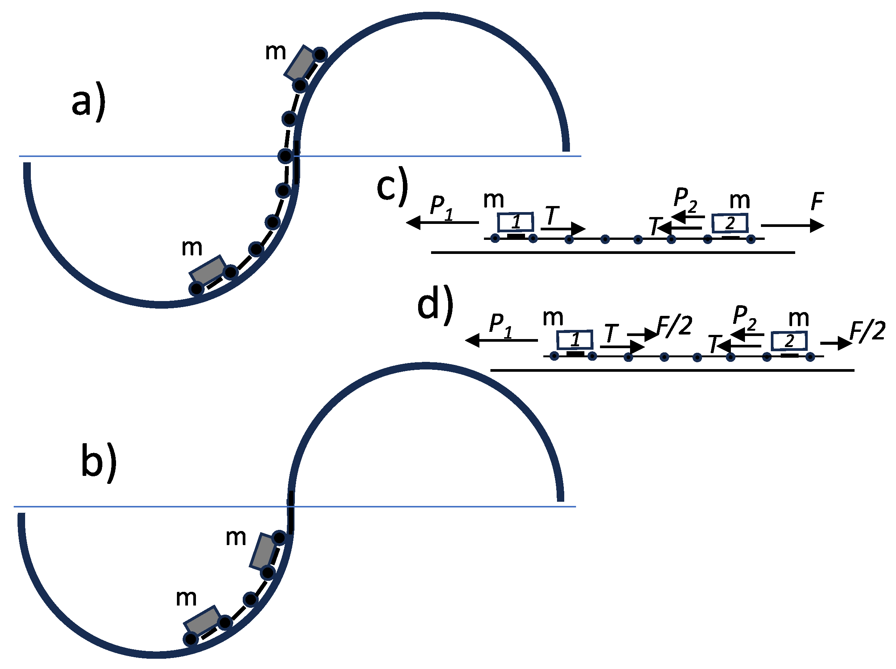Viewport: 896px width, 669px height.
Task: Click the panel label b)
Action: pyautogui.click(x=99, y=462)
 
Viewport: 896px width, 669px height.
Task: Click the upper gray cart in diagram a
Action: pyautogui.click(x=300, y=64)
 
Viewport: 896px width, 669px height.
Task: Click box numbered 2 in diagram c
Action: pyautogui.click(x=729, y=223)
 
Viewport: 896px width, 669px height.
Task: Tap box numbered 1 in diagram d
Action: pyautogui.click(x=575, y=339)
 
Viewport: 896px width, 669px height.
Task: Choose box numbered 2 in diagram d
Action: pyautogui.click(x=789, y=341)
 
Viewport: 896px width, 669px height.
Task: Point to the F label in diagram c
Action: pyautogui.click(x=817, y=201)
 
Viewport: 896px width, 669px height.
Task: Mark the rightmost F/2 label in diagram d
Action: pyautogui.click(x=867, y=331)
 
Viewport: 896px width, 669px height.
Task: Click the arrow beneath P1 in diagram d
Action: pyautogui.click(x=501, y=340)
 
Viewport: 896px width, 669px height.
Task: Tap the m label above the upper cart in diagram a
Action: pyautogui.click(x=275, y=52)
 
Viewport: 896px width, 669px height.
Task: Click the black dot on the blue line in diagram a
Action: pyautogui.click(x=285, y=156)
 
